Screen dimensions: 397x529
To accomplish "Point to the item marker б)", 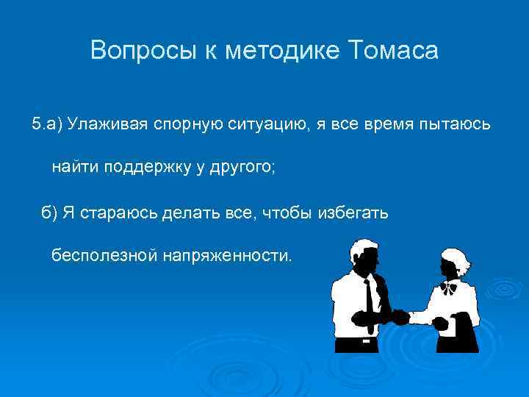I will [50, 212].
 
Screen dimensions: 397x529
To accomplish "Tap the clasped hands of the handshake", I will [399, 317].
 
